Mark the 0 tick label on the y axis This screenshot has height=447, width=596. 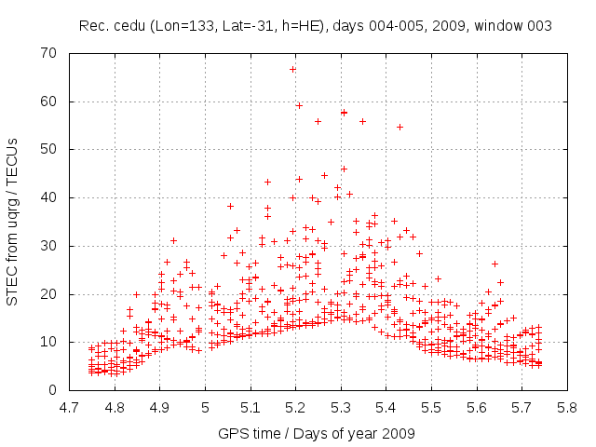pyautogui.click(x=53, y=390)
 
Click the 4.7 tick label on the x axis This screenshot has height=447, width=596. pyautogui.click(x=69, y=407)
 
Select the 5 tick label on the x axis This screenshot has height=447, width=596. pyautogui.click(x=205, y=407)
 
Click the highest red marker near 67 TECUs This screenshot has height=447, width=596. pyautogui.click(x=293, y=69)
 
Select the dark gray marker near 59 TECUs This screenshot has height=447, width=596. pyautogui.click(x=299, y=105)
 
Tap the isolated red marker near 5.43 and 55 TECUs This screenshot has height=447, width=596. pyautogui.click(x=400, y=127)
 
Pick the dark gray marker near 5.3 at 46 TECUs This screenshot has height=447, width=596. pyautogui.click(x=344, y=169)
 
